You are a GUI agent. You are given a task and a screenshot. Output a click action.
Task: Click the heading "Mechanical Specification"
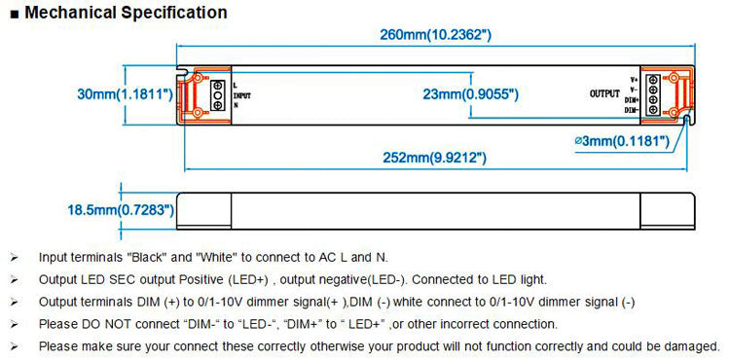tap(125, 13)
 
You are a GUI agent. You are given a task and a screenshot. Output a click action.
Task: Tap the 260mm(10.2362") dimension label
tap(436, 36)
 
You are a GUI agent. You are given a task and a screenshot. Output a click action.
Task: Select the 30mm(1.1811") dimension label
tap(126, 94)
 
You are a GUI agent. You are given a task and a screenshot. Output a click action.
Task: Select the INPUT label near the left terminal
tap(243, 95)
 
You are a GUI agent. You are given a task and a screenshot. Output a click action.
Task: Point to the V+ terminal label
tap(633, 79)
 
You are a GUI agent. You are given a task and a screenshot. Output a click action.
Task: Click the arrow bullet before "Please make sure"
tap(14, 346)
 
